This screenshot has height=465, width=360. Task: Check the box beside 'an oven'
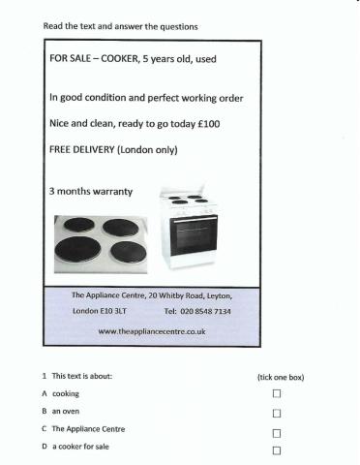[x=276, y=412]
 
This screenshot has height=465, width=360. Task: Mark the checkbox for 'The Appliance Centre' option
[x=276, y=432]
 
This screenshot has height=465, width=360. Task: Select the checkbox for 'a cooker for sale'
[x=276, y=450]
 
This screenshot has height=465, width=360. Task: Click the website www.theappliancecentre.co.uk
[x=153, y=331]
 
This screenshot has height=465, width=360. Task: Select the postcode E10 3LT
[x=114, y=312]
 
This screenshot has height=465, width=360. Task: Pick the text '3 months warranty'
[x=90, y=190]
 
